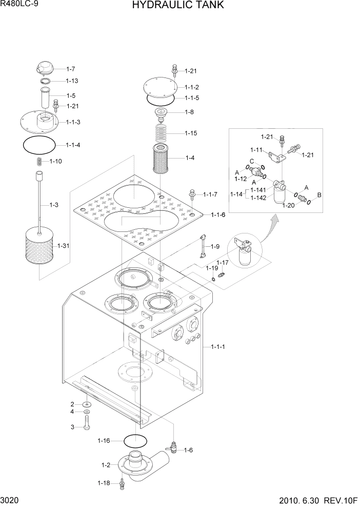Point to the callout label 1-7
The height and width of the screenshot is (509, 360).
pyautogui.click(x=71, y=69)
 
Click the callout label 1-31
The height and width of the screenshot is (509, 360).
pyautogui.click(x=64, y=246)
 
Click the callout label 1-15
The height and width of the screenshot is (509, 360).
pyautogui.click(x=190, y=133)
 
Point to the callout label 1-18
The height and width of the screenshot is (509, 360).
pyautogui.click(x=103, y=483)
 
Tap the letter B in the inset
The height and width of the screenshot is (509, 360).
pyautogui.click(x=318, y=195)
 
